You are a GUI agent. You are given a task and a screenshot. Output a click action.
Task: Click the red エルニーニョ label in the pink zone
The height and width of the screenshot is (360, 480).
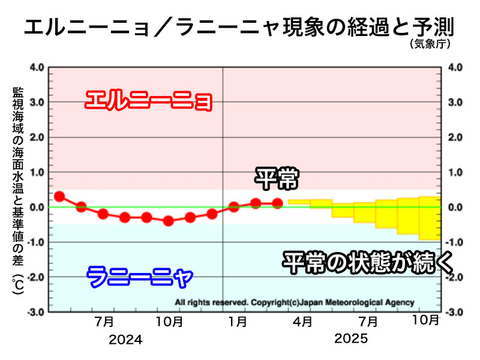148,100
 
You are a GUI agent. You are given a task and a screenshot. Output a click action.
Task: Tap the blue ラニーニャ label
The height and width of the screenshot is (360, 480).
140,277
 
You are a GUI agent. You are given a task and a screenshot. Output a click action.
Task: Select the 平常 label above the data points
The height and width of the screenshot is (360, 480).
277,178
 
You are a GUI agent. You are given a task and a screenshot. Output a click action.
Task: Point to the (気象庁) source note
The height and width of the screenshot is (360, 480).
430,44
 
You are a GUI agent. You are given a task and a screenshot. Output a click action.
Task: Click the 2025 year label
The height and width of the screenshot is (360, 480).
351,340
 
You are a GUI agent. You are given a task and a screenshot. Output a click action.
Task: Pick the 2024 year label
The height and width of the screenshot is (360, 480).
125,340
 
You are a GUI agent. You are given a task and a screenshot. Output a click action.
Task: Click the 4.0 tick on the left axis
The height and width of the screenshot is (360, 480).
36,67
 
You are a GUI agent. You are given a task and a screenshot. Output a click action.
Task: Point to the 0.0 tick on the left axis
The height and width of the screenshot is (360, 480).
36,208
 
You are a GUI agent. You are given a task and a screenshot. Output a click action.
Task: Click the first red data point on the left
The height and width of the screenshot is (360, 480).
59,196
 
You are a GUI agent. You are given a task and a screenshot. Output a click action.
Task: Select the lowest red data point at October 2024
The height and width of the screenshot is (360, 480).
169,221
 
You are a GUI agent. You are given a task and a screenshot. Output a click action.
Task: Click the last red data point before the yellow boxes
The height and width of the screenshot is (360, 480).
277,203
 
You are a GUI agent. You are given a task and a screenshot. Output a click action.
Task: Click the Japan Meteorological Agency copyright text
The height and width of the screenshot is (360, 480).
294,302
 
